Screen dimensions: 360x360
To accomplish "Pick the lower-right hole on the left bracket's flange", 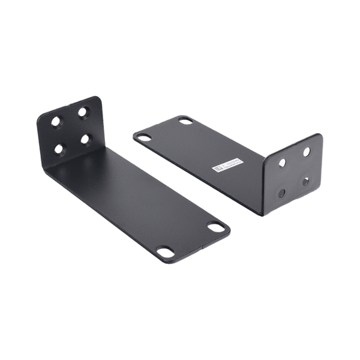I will [x=86, y=140].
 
